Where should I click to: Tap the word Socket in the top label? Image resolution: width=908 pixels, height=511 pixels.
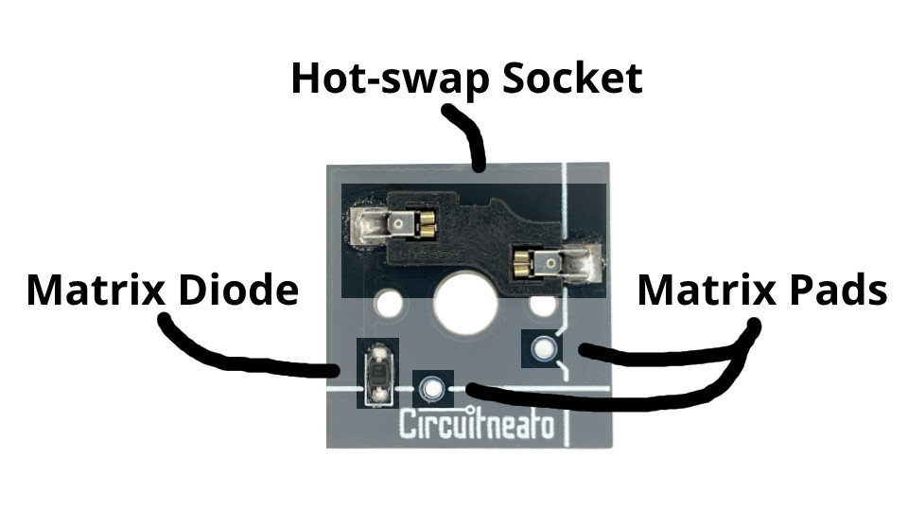[x=572, y=78]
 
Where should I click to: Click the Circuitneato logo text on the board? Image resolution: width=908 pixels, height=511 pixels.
[x=477, y=424]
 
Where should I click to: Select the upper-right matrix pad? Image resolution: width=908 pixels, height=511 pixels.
[x=544, y=348]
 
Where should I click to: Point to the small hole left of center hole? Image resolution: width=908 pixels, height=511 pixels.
[x=389, y=303]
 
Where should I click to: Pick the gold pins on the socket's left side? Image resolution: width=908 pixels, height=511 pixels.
[x=427, y=225]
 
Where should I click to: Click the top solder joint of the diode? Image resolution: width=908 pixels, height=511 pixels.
[x=379, y=351]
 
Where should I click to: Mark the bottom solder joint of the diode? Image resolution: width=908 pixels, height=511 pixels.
[x=379, y=396]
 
